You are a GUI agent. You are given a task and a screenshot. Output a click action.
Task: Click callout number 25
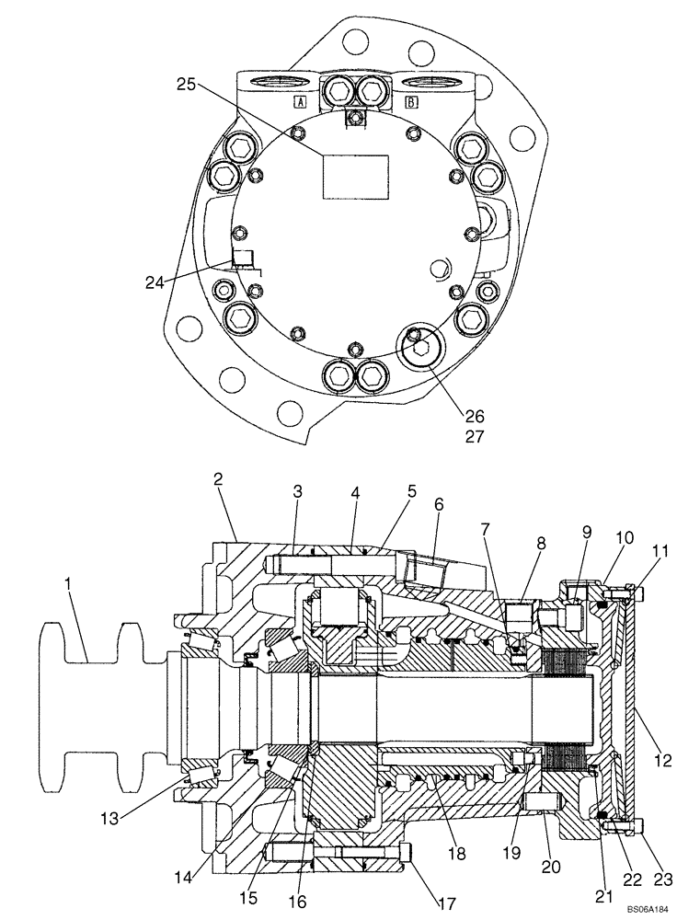[x=187, y=84]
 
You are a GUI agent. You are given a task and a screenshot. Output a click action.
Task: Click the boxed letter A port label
[x=299, y=102]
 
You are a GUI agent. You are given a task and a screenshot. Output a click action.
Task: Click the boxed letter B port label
[x=410, y=102]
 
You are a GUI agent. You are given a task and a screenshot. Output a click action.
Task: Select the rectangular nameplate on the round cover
[x=354, y=176]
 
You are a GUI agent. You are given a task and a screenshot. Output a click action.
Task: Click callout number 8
[x=539, y=544]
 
